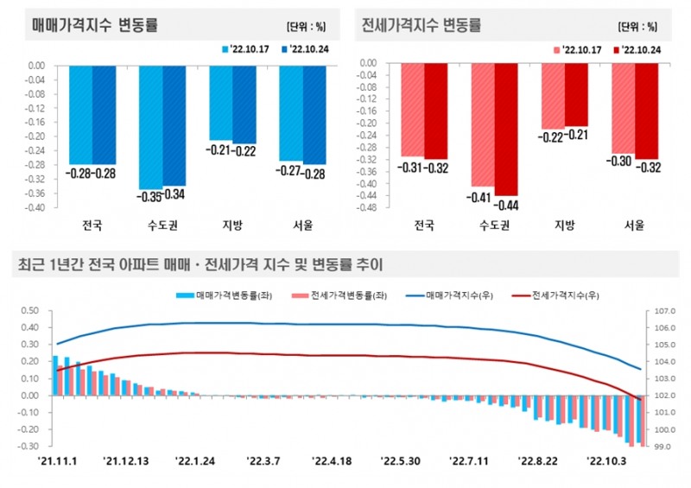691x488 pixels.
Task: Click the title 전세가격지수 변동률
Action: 422,24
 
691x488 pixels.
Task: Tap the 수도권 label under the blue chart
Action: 162,226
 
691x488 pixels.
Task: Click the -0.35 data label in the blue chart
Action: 150,196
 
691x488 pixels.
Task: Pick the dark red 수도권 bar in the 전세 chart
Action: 505,130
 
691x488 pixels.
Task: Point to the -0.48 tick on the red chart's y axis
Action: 367,208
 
